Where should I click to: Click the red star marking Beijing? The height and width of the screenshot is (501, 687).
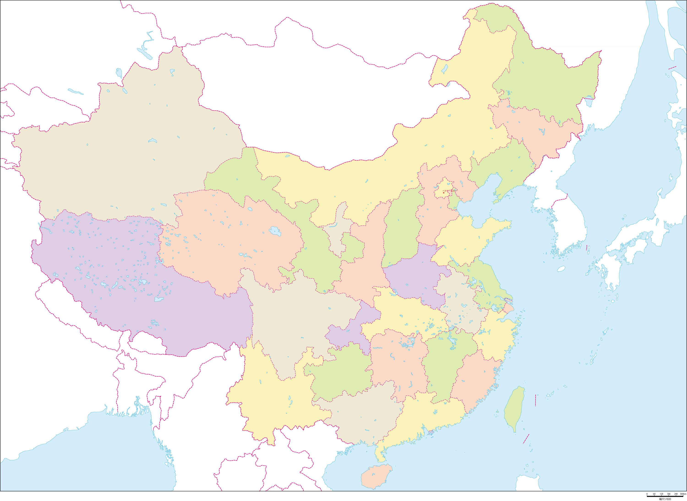(444, 193)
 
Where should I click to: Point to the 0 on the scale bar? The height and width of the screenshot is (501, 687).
(647, 494)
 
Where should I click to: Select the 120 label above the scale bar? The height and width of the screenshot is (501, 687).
(662, 494)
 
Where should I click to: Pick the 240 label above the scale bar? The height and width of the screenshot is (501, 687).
(676, 494)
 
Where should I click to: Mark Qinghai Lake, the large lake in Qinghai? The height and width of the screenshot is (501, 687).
(275, 231)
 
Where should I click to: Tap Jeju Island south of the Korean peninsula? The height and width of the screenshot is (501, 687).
(561, 269)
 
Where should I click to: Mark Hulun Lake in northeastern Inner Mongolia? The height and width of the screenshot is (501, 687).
(444, 69)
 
